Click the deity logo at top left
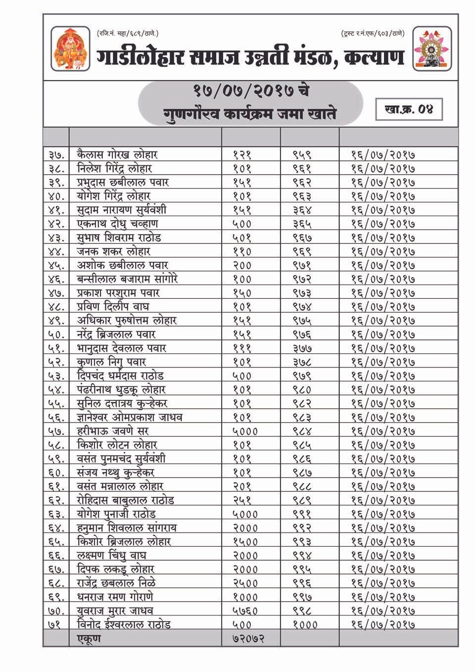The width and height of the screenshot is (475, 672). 71,48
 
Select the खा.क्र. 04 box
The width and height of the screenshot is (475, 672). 408,109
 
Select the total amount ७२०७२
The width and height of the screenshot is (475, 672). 248,638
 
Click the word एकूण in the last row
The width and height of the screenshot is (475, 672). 89,638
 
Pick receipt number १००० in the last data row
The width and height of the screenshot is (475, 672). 305,625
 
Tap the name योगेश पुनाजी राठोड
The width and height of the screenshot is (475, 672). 117,514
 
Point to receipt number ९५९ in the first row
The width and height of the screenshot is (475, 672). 302,155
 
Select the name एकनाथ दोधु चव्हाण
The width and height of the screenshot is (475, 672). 117,224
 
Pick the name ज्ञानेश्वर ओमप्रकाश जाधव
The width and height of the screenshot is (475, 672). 130,418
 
